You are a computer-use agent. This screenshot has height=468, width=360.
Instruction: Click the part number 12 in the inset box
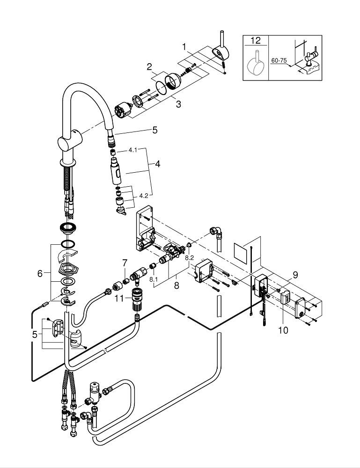(255, 41)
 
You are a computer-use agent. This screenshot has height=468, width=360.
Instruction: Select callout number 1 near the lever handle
(185, 47)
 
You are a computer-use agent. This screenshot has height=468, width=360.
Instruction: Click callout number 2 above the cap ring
(149, 67)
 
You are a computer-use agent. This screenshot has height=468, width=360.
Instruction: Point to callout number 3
(178, 104)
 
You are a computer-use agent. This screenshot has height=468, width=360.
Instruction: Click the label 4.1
(133, 151)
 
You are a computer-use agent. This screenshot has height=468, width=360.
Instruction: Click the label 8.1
(154, 279)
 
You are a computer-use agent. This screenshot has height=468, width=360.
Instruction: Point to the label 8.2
(189, 257)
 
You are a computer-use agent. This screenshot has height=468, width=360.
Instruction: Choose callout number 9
(295, 275)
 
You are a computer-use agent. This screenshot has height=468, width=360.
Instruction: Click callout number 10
(283, 330)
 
